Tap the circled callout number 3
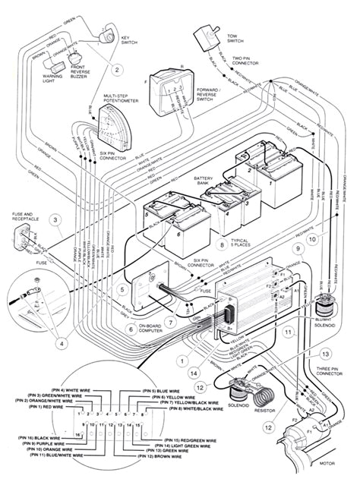point(55,221)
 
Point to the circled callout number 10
point(311,241)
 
